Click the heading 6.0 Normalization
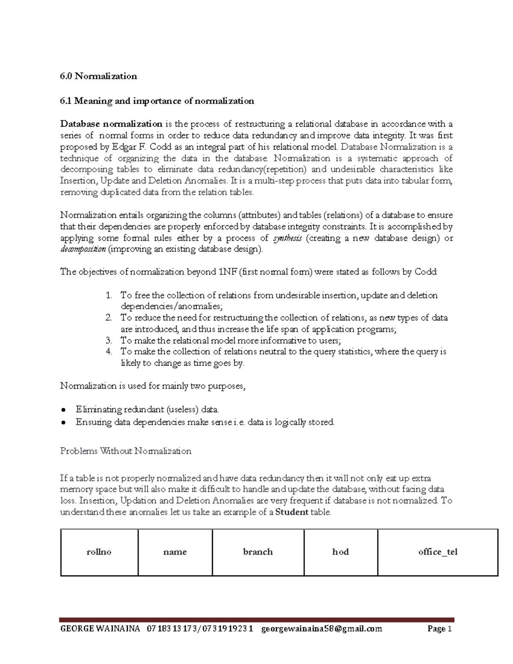[x=98, y=76]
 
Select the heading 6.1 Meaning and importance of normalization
[x=157, y=101]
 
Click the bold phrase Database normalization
[x=111, y=124]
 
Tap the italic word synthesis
[x=287, y=238]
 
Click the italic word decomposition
[x=83, y=249]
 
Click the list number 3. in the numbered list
[x=109, y=341]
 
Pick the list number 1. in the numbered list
[x=109, y=295]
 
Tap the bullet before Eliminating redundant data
[x=63, y=410]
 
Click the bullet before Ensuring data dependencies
[x=63, y=422]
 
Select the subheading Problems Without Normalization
[x=126, y=451]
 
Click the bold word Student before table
[x=292, y=512]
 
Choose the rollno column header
[x=99, y=552]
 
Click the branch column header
[x=258, y=552]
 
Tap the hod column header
[x=340, y=552]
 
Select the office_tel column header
[x=437, y=552]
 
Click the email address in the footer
[x=321, y=629]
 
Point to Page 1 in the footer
[x=439, y=629]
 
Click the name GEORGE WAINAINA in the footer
[x=100, y=629]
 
